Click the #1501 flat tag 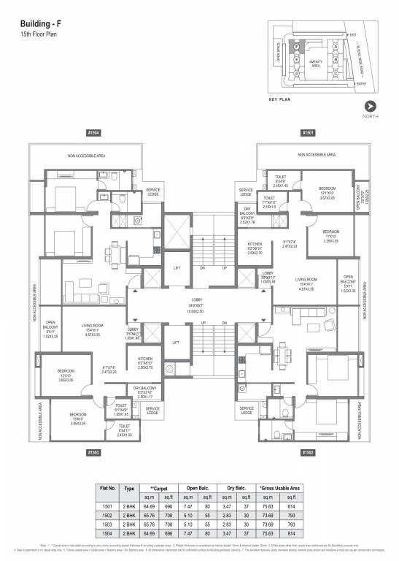pyautogui.click(x=307, y=133)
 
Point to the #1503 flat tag pyautogui.click(x=93, y=453)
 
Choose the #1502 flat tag pyautogui.click(x=307, y=453)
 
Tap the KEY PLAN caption pyautogui.click(x=280, y=99)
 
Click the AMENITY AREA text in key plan pyautogui.click(x=316, y=64)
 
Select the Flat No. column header pyautogui.click(x=107, y=487)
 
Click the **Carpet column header pyautogui.click(x=159, y=487)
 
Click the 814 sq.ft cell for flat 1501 pyautogui.click(x=294, y=504)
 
